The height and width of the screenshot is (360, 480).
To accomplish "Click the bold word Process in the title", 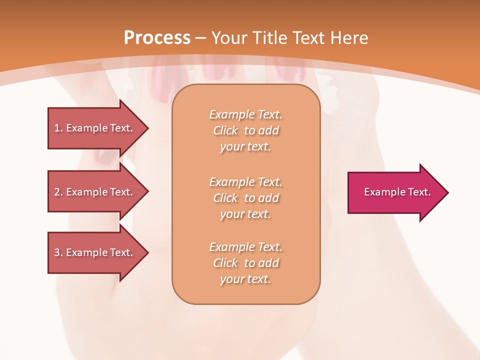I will [x=157, y=38].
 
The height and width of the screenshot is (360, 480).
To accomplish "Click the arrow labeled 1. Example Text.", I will [x=95, y=128].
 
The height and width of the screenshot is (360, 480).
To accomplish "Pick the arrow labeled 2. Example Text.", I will [x=95, y=192].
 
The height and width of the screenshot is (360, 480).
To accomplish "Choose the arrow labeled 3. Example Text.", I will [x=95, y=252].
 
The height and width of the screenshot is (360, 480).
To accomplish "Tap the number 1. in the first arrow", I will [x=58, y=128].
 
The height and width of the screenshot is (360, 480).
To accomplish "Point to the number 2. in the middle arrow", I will [x=58, y=192].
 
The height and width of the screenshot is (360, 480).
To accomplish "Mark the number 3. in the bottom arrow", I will [x=58, y=252].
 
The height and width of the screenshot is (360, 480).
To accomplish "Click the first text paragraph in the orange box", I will [x=245, y=130].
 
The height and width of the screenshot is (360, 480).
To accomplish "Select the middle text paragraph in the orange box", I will [x=245, y=198].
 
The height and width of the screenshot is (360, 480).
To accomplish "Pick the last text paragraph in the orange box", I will [x=245, y=263].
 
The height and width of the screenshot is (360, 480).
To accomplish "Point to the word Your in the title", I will [x=228, y=38].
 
